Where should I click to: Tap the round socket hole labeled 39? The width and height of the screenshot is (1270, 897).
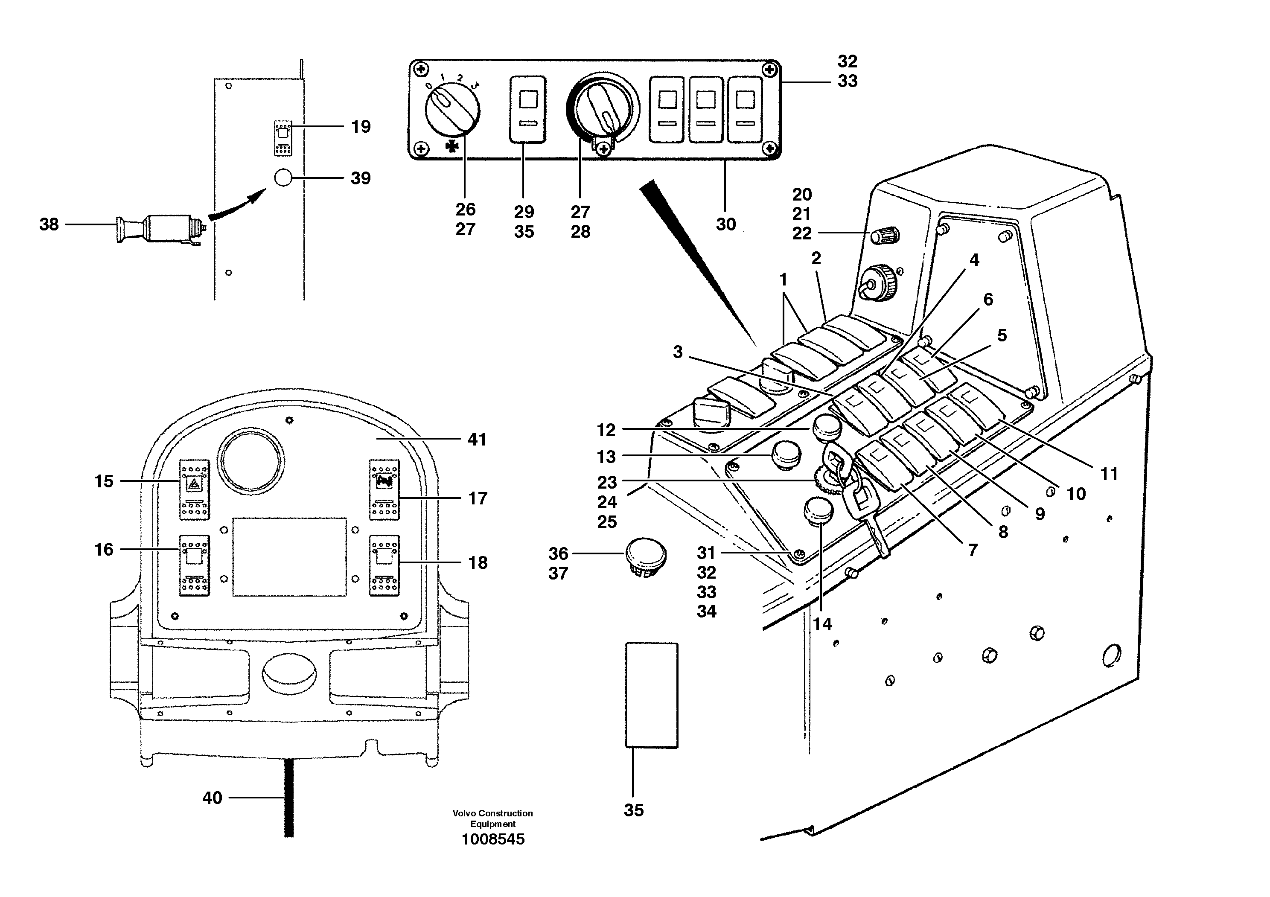click(x=283, y=178)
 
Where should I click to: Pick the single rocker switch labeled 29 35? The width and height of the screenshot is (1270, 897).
click(x=528, y=110)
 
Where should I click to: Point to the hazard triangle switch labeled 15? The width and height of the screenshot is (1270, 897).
click(x=194, y=489)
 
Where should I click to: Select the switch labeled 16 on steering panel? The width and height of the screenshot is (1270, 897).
click(x=194, y=565)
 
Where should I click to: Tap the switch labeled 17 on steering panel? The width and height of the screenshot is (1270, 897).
click(x=384, y=489)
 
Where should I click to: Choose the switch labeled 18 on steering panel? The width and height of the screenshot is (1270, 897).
click(x=384, y=565)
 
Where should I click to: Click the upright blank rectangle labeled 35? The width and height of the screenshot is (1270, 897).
click(x=651, y=695)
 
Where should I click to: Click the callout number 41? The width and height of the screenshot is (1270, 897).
click(x=477, y=440)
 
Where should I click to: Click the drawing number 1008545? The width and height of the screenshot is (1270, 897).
click(x=493, y=839)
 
